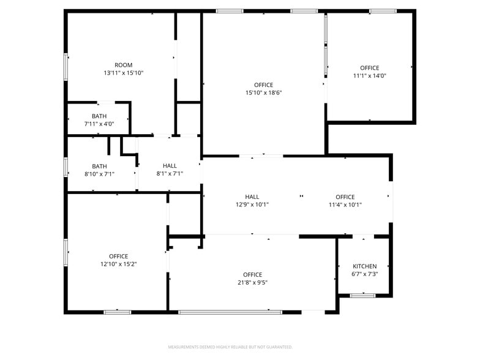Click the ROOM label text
[x=123, y=65]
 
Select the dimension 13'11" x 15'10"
[x=123, y=73]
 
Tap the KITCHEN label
[x=364, y=266]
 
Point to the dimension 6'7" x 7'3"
[x=364, y=274]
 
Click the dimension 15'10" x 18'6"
[x=263, y=92]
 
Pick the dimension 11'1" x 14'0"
[x=369, y=76]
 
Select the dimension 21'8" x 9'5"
[x=252, y=282]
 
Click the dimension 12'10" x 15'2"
[x=118, y=264]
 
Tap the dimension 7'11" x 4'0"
[x=99, y=124]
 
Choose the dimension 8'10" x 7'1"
[x=99, y=173]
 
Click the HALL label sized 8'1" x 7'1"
[x=170, y=166]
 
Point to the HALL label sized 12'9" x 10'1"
[x=252, y=197]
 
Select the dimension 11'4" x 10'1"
[x=345, y=204]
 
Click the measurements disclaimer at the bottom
[x=230, y=347]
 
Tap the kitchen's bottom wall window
[x=362, y=296]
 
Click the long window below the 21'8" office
[x=230, y=312]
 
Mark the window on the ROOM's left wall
[x=66, y=67]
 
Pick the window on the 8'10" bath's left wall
[x=66, y=167]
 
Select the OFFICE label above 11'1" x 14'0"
[x=369, y=68]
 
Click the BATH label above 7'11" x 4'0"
[x=99, y=116]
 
